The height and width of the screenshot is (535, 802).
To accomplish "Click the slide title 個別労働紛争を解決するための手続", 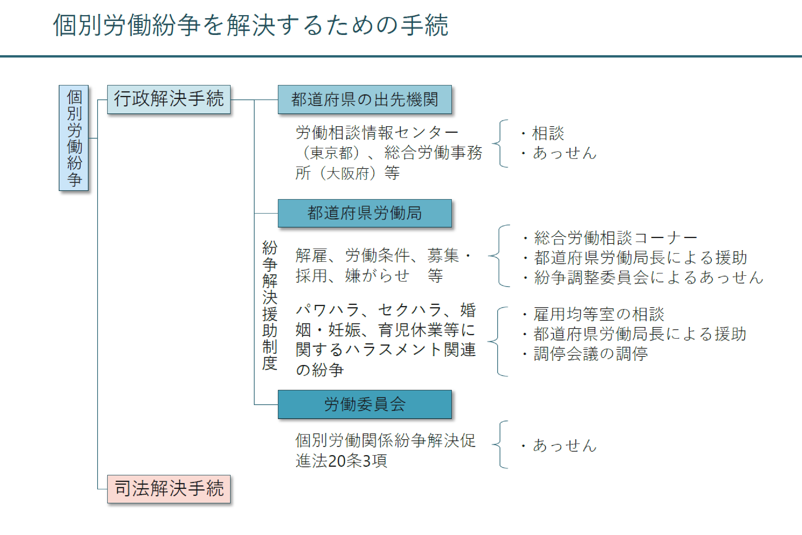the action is tap(250, 25).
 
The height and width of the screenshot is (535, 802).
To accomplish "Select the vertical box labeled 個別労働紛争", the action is tap(74, 138).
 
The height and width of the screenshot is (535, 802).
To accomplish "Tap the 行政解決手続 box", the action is tap(169, 99).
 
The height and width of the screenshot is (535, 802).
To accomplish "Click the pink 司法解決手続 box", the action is tap(169, 489).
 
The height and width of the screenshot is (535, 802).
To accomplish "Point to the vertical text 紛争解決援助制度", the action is tap(270, 305).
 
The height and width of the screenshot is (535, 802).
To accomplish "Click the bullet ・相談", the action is tap(543, 133).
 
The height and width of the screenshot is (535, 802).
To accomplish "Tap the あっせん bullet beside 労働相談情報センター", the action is tap(559, 153).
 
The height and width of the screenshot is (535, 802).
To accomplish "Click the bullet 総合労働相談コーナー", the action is tap(610, 238).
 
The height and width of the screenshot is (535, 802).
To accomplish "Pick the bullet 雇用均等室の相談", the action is tap(593, 314).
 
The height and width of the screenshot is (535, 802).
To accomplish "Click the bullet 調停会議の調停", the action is tap(585, 354).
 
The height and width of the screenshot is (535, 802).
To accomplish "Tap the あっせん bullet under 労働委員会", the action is tap(559, 446).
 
